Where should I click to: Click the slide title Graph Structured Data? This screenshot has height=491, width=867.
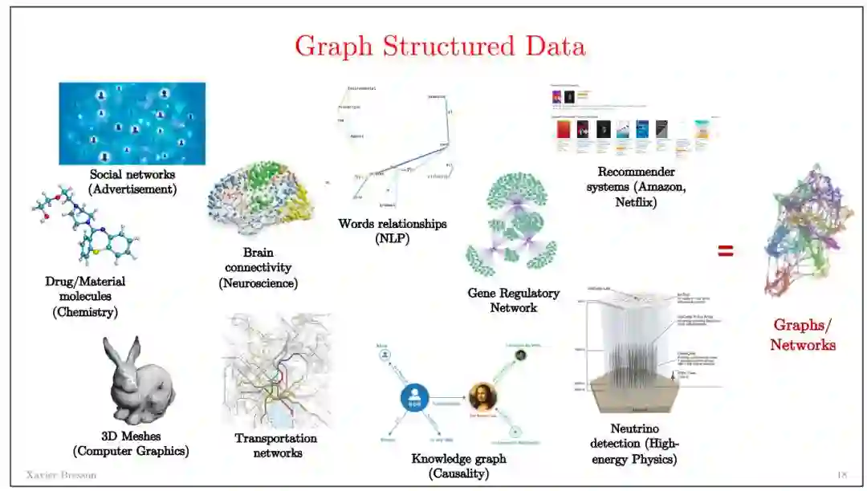click(440, 46)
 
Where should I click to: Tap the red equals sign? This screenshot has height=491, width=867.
click(726, 251)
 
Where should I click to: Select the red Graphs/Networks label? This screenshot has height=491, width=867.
click(803, 335)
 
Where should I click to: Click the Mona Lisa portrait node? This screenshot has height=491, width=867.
click(482, 396)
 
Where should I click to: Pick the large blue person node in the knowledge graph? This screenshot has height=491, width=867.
click(414, 397)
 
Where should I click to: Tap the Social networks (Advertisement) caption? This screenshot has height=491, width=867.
click(132, 182)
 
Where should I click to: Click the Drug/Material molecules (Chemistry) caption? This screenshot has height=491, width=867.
click(85, 297)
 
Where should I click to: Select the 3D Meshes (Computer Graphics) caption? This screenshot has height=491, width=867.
click(131, 444)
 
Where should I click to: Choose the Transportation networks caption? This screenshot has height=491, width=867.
click(275, 445)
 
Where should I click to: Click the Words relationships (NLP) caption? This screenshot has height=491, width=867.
click(392, 230)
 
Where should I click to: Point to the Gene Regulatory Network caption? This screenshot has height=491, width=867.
click(513, 300)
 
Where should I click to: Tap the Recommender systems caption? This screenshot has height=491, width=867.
click(637, 187)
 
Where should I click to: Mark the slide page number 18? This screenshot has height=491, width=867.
click(842, 475)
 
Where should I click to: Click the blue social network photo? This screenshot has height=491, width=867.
click(132, 123)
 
